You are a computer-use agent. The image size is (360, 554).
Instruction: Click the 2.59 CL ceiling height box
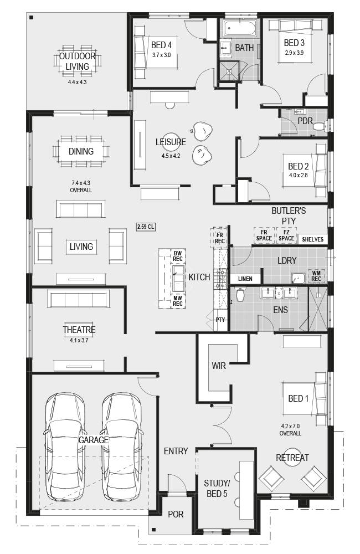[x=146, y=227]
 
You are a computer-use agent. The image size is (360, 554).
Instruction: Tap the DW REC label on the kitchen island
[x=177, y=256]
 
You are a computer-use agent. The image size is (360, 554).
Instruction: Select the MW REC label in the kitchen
[x=177, y=301]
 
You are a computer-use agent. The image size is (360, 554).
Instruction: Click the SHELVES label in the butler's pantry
[x=313, y=239]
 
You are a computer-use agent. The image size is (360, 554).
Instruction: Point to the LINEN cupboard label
[x=245, y=279]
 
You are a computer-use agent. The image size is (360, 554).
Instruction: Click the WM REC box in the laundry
[x=316, y=275]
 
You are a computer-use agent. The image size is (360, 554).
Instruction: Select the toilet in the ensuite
[x=240, y=294]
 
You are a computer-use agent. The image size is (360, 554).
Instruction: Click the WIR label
[x=219, y=366]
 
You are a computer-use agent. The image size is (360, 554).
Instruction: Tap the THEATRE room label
[x=79, y=330]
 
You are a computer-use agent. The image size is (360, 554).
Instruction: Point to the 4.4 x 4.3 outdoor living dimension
[x=78, y=82]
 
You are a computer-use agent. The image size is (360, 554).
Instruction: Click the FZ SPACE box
[x=286, y=235]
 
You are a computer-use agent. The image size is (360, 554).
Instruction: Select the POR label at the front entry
[x=176, y=514]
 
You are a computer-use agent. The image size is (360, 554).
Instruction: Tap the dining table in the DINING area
[x=81, y=151]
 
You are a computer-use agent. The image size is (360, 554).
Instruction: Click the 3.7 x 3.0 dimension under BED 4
[x=162, y=55]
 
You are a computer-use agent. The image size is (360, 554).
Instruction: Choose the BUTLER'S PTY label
[x=289, y=216]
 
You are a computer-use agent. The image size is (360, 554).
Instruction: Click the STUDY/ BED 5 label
[x=217, y=488]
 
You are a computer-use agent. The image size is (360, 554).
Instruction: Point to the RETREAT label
[x=292, y=458]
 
